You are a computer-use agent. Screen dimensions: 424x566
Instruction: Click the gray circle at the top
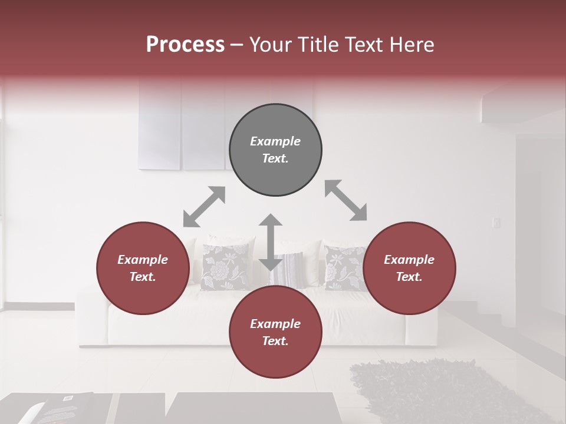[275, 150]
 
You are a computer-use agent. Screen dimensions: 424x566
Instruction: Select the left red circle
[143, 268]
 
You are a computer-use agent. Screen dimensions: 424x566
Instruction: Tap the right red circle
[409, 268]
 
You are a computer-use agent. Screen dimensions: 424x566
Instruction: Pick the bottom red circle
[275, 332]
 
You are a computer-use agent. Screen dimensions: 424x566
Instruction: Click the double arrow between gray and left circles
[204, 207]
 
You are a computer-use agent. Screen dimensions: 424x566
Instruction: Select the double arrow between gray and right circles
[345, 200]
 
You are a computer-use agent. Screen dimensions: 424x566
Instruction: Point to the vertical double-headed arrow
[271, 242]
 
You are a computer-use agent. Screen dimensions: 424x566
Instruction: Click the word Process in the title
[185, 45]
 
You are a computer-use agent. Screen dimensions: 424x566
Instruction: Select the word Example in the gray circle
[275, 141]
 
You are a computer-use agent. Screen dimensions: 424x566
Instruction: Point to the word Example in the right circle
[409, 260]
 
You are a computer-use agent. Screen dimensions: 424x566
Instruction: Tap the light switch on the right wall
[496, 223]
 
